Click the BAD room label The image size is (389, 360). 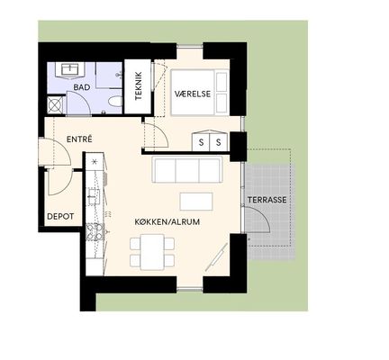[x=82, y=87]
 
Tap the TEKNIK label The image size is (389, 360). [x=138, y=86]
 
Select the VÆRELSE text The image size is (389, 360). [x=193, y=94]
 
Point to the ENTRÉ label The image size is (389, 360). [x=79, y=139]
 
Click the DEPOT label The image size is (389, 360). [x=60, y=216]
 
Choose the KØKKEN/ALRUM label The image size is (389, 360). [x=167, y=222]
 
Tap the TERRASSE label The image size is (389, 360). [x=267, y=200]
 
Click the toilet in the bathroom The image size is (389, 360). [x=115, y=102]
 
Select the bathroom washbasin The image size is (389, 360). [x=69, y=69]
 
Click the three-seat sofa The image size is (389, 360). [x=187, y=169]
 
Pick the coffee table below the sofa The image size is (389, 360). [x=196, y=202]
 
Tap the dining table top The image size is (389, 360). [x=153, y=252]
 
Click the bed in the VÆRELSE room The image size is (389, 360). [x=200, y=93]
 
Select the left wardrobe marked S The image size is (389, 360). [x=201, y=141]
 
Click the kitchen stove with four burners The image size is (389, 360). [x=95, y=232]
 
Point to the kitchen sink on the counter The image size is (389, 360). [x=94, y=196]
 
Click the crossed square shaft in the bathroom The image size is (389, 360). [x=56, y=105]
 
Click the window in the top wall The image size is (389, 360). [x=190, y=46]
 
